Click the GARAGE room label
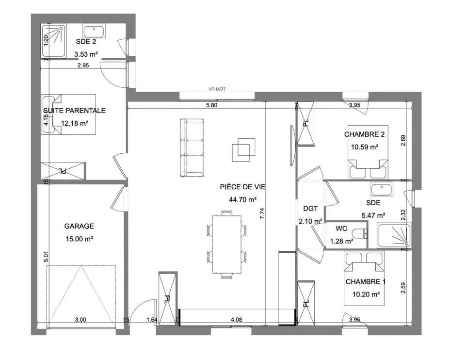[x=79, y=226]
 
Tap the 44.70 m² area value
[x=242, y=199]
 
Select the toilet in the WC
[x=361, y=233]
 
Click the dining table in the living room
[x=226, y=245]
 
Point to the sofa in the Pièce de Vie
[x=192, y=147]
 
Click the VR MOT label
[x=217, y=89]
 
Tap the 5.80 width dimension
[x=211, y=105]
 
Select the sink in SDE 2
[x=94, y=31]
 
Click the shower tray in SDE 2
[x=54, y=40]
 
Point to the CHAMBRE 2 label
[x=364, y=134]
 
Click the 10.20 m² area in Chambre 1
[x=366, y=294]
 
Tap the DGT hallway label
[x=310, y=209]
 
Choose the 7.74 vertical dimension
[x=262, y=214]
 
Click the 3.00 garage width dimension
[x=80, y=320]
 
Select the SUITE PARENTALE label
[x=74, y=111]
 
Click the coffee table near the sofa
[x=243, y=149]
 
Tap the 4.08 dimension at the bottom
[x=237, y=320]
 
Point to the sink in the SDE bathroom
[x=382, y=190]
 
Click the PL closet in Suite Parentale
[x=63, y=171]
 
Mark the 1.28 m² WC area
[x=341, y=242]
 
